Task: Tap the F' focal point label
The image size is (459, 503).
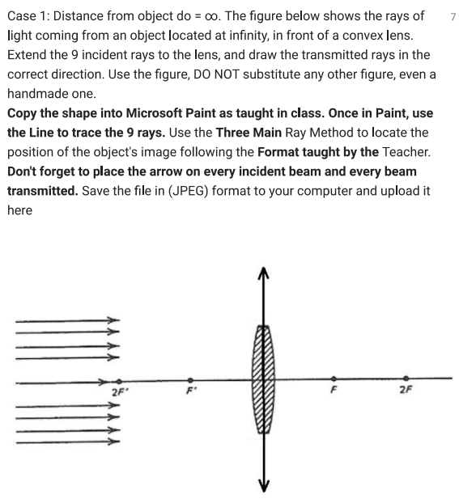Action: pyautogui.click(x=189, y=392)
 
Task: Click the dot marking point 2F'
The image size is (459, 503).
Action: pyautogui.click(x=119, y=380)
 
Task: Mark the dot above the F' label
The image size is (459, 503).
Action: pyautogui.click(x=190, y=379)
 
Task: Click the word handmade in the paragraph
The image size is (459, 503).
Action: pyautogui.click(x=37, y=94)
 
